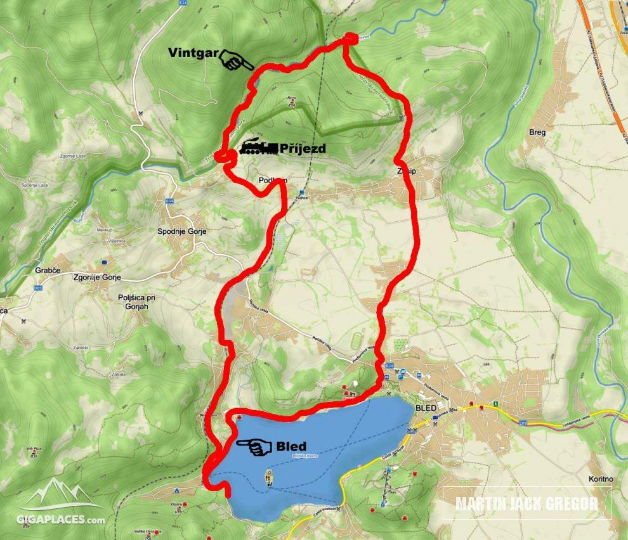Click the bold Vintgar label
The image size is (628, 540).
[x=193, y=53]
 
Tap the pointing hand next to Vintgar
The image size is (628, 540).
[x=236, y=61]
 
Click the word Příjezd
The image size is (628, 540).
[x=303, y=148]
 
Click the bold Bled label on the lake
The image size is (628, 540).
[x=291, y=446]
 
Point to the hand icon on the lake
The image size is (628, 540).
[x=254, y=446]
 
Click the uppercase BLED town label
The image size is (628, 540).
[x=426, y=408]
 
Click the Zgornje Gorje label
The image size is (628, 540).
[x=96, y=278]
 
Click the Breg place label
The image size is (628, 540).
[x=537, y=132]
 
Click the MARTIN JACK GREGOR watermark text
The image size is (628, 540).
[x=527, y=504]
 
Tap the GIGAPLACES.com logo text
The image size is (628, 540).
[x=61, y=520]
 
